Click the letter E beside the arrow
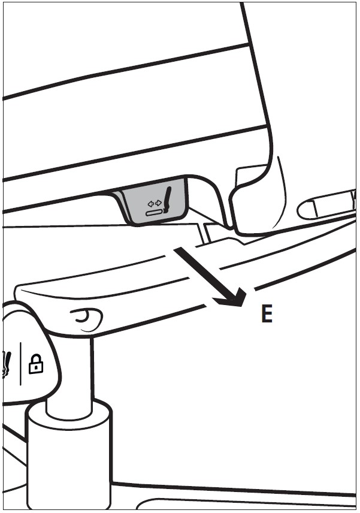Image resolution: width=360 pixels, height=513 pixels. tap(267, 314)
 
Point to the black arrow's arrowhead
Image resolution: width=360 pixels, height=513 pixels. tap(234, 296)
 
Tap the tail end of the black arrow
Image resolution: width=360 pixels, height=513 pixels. tap(177, 251)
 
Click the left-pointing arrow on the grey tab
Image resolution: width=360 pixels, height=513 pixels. tap(151, 204)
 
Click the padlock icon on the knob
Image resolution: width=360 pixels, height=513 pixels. tap(36, 364)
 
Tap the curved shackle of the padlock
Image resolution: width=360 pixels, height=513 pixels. tap(37, 358)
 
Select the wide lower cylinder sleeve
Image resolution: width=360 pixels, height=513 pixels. tap(69, 458)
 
